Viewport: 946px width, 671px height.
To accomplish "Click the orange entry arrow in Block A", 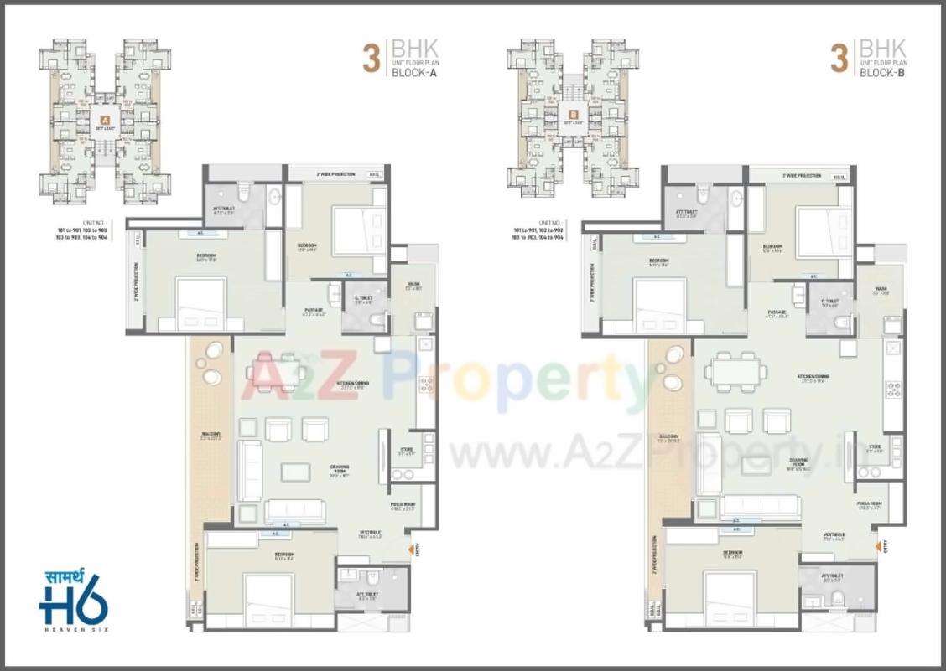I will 411,549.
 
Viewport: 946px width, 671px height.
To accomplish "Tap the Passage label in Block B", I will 777,313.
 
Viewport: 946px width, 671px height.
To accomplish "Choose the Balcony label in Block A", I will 198,436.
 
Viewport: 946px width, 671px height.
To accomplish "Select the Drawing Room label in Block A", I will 315,472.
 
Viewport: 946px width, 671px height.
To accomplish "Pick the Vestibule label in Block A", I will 371,534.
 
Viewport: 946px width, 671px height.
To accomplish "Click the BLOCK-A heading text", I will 414,73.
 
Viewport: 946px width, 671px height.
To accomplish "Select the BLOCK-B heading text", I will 881,73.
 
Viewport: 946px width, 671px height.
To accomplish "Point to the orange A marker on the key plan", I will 105,120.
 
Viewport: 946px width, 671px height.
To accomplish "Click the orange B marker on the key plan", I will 574,116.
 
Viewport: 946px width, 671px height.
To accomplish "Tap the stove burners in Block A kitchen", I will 426,385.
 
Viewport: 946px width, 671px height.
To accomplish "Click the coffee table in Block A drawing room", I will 295,472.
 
